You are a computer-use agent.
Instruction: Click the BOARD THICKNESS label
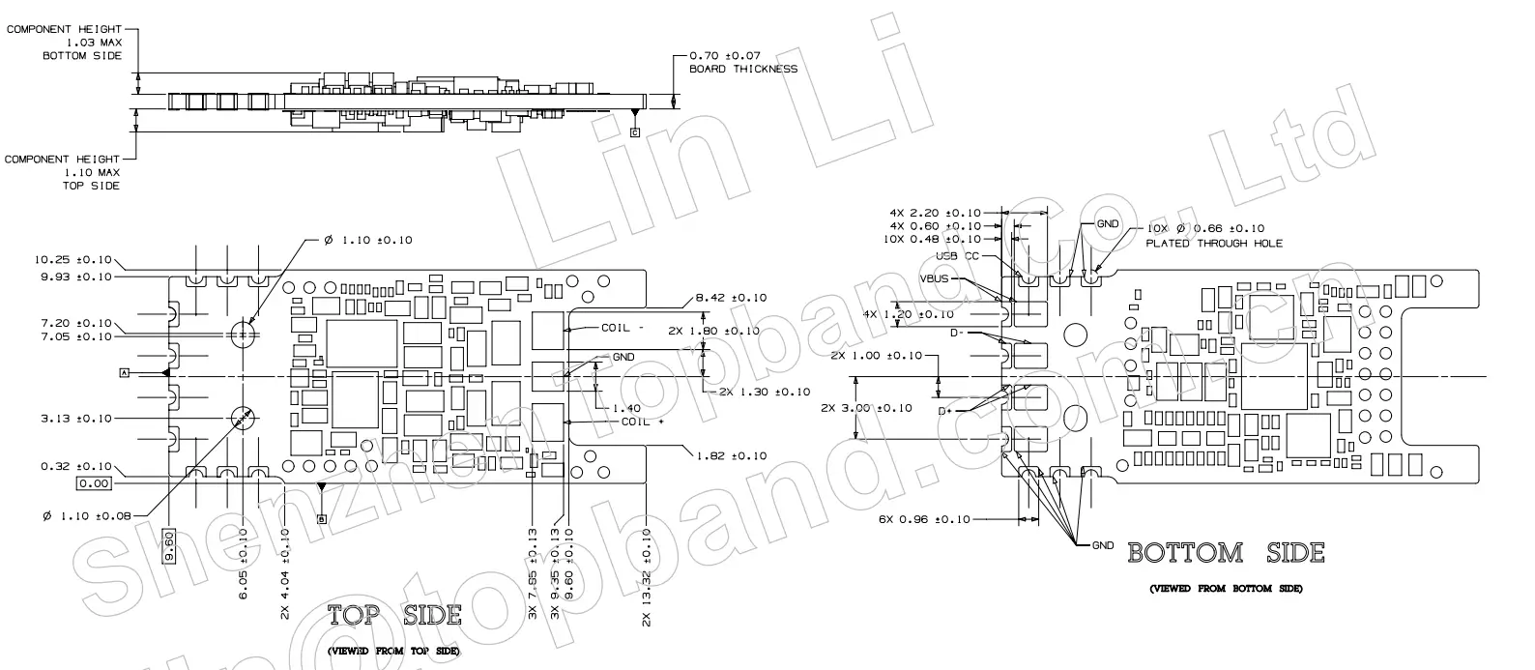(x=742, y=69)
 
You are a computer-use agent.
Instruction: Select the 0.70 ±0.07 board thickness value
(x=725, y=56)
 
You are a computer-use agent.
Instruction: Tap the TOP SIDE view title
(x=393, y=616)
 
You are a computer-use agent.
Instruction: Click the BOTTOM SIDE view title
(x=1226, y=553)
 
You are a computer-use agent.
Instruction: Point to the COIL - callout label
(x=623, y=328)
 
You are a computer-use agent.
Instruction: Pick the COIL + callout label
(x=643, y=422)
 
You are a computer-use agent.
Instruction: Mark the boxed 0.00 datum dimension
(x=94, y=483)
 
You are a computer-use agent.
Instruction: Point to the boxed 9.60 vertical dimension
(x=170, y=546)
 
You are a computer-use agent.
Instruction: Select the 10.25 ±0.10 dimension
(x=73, y=260)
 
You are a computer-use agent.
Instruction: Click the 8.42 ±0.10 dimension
(x=731, y=298)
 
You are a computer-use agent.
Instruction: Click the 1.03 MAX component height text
(x=94, y=43)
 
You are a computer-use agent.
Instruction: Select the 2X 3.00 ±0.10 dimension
(x=865, y=408)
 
